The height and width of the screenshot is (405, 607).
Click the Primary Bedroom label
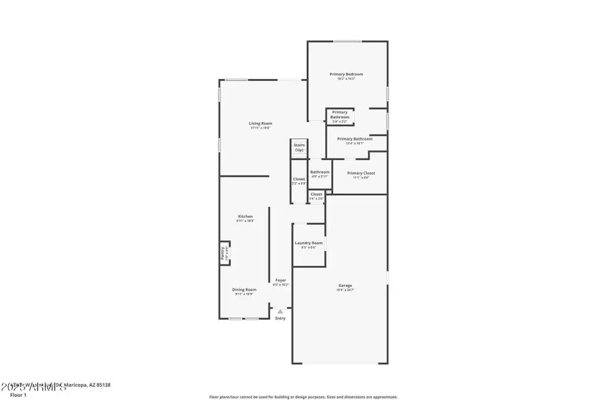coord(346,74)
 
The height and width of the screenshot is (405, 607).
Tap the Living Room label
coord(260,123)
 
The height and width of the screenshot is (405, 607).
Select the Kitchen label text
coord(245,216)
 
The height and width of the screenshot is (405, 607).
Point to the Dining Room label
coord(245,289)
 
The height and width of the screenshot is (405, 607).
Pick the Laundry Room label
coord(309,243)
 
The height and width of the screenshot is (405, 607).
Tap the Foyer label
coord(281,279)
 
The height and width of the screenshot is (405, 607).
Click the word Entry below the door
coord(281,318)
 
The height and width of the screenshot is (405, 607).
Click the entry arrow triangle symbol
coord(281,311)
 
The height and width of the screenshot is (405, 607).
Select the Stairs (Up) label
coord(299,147)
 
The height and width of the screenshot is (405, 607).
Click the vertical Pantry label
coord(223,253)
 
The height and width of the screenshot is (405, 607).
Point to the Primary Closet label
coord(361,173)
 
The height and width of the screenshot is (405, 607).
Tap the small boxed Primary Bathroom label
coord(340,115)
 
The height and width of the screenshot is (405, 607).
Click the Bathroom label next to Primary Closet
coord(320,171)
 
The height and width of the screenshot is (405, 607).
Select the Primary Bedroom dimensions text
coord(346,78)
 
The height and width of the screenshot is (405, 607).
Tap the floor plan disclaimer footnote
coord(303,397)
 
